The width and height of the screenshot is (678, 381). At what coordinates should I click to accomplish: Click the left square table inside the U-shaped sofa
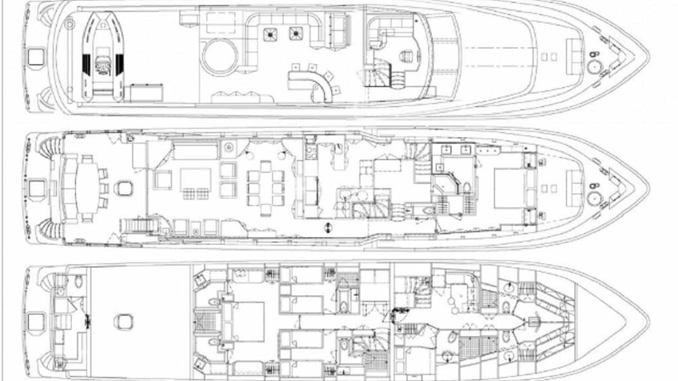[271, 34]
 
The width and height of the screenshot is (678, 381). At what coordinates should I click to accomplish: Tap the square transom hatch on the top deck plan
[36, 56]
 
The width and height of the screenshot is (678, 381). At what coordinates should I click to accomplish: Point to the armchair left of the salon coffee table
[163, 179]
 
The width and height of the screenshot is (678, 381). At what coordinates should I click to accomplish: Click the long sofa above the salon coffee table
[195, 151]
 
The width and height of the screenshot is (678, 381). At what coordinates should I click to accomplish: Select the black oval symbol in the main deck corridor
[328, 228]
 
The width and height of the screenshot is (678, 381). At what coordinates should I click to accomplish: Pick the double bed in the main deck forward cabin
[508, 188]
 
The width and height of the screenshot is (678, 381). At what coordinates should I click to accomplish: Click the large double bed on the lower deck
[249, 321]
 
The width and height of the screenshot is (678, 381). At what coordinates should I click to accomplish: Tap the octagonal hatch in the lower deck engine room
[123, 322]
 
